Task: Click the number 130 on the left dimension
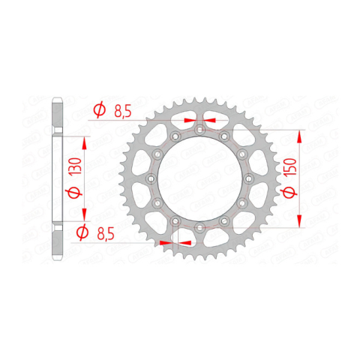[77, 166]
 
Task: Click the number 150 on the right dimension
[292, 166]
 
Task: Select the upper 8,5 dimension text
[122, 111]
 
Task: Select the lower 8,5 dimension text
[106, 234]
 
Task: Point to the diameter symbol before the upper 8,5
[100, 109]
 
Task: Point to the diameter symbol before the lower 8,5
[82, 232]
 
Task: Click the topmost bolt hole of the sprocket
[199, 130]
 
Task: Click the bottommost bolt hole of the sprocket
[199, 227]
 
